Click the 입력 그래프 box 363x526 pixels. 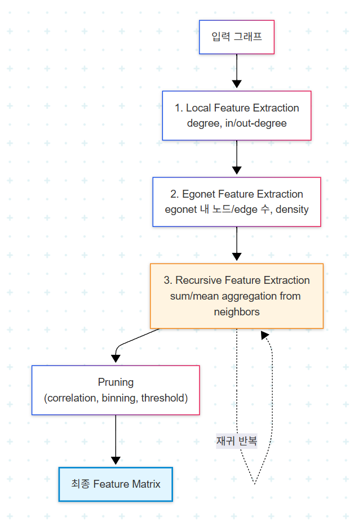[x=237, y=37]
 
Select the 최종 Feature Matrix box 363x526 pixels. [x=116, y=484]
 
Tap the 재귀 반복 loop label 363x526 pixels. [x=237, y=441]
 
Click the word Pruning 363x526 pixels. [x=116, y=382]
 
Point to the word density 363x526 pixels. [x=292, y=209]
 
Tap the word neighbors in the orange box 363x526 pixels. [x=237, y=311]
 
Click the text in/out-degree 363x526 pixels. [x=256, y=123]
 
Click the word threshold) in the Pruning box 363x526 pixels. [x=164, y=398]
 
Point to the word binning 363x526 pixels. [x=120, y=398]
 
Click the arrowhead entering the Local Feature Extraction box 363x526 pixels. [x=237, y=84]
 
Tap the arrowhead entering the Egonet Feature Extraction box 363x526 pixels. [x=237, y=171]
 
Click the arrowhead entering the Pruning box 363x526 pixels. [x=116, y=359]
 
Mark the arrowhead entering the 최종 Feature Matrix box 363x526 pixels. [x=116, y=460]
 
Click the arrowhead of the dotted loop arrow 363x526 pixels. [x=264, y=335]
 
